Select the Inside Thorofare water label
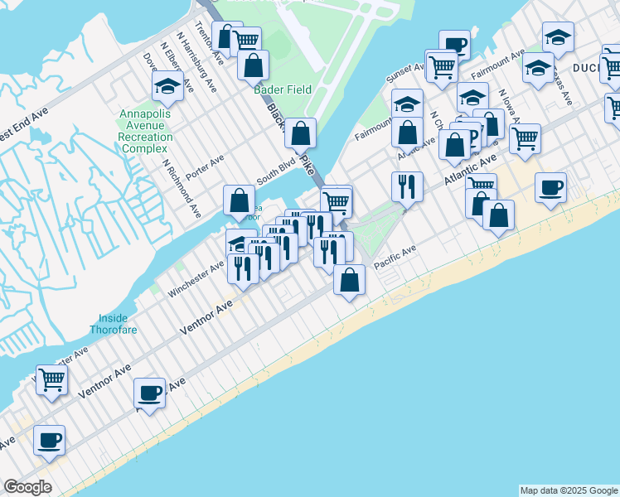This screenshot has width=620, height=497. coord(114,323)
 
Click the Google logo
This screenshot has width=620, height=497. coord(27,487)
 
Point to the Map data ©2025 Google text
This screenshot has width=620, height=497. coord(569,490)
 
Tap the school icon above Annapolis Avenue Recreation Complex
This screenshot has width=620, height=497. coord(167,86)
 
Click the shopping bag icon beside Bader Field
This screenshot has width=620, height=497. coord(253,65)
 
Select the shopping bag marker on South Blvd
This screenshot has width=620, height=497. coord(239,200)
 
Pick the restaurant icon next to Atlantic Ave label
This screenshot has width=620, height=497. coord(406,186)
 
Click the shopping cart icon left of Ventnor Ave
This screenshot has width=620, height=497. coord(52,379)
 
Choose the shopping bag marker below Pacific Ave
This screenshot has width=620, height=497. coord(350,280)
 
